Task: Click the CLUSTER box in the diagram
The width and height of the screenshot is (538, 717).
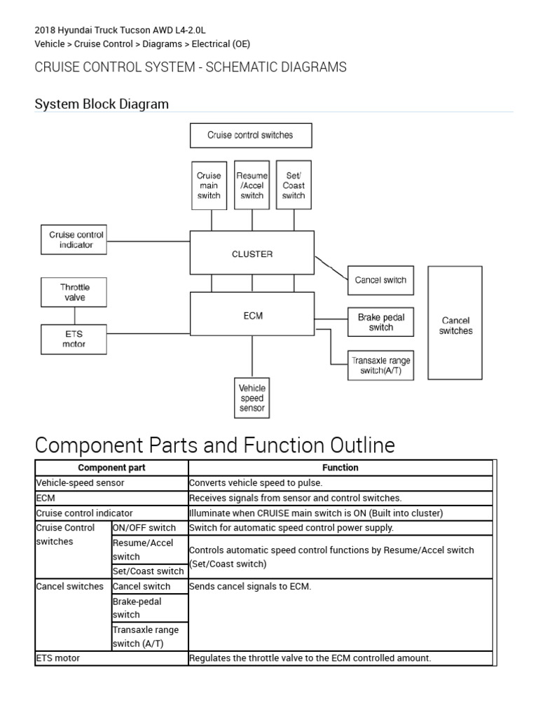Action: [252, 254]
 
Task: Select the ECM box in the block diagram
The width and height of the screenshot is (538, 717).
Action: [252, 315]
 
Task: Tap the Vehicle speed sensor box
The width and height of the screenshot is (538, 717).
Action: [252, 398]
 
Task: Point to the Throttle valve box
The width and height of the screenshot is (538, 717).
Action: [74, 292]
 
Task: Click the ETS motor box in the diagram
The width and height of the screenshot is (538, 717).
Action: [74, 339]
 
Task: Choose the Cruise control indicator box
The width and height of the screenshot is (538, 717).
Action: [76, 240]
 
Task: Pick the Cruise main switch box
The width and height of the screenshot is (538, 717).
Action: [209, 186]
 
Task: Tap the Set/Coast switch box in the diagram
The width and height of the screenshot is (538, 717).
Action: [294, 186]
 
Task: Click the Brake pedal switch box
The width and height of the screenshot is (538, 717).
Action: [380, 322]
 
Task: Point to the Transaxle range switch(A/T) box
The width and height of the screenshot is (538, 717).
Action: [380, 366]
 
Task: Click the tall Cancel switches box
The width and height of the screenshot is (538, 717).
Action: [455, 322]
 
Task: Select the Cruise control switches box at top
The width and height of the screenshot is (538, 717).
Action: [251, 135]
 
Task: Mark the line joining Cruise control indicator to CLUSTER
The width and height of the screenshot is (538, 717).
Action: [150, 241]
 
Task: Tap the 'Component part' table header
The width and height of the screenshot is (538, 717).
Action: [111, 468]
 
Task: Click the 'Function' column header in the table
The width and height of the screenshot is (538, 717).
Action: [340, 468]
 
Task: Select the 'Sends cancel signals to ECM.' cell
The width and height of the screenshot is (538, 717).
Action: [340, 587]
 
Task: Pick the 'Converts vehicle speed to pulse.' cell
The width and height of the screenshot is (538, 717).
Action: [340, 483]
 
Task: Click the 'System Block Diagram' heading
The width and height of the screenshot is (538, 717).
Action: [102, 104]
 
